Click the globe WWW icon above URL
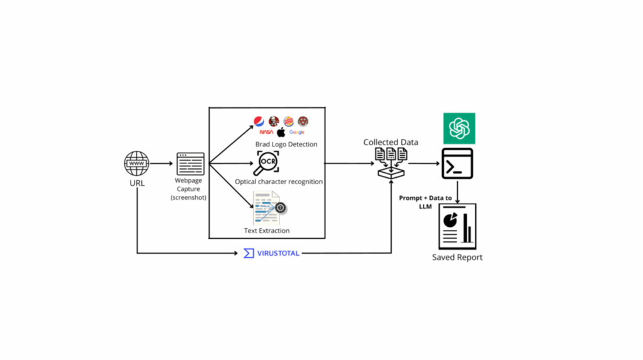(x=137, y=164)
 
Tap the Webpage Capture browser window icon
(x=190, y=164)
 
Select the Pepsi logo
(x=259, y=121)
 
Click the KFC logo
(x=274, y=121)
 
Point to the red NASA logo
(x=266, y=133)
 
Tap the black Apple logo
(x=281, y=132)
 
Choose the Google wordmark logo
(x=297, y=133)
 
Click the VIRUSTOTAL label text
(x=278, y=253)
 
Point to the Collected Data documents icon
(x=391, y=162)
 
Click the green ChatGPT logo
(x=459, y=128)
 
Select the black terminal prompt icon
(x=458, y=164)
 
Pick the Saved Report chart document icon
(x=457, y=226)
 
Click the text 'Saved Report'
(x=457, y=258)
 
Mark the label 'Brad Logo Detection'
(x=286, y=145)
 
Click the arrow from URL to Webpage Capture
(x=162, y=164)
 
